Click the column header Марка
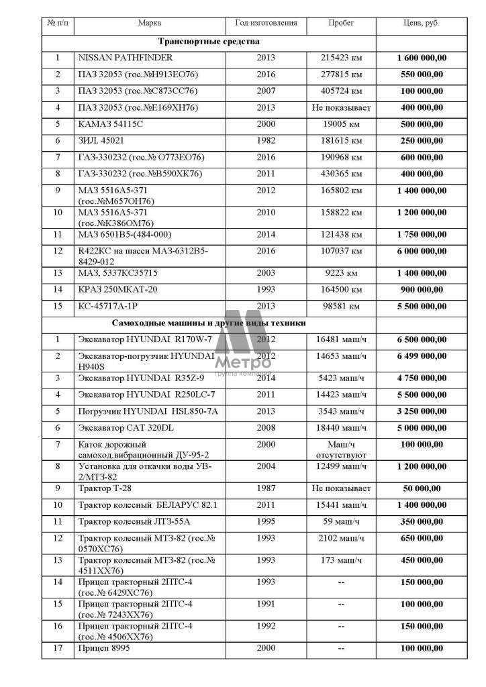149,23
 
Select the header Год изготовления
266,23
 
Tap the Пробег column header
341,23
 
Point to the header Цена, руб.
421,23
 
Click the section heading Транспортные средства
209,41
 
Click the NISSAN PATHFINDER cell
126,58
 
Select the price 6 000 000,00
421,251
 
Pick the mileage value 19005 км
342,123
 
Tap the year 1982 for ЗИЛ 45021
266,140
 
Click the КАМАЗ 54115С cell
111,123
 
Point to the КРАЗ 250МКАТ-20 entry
115,290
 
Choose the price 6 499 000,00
421,356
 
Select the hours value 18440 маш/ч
341,427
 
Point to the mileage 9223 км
342,273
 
